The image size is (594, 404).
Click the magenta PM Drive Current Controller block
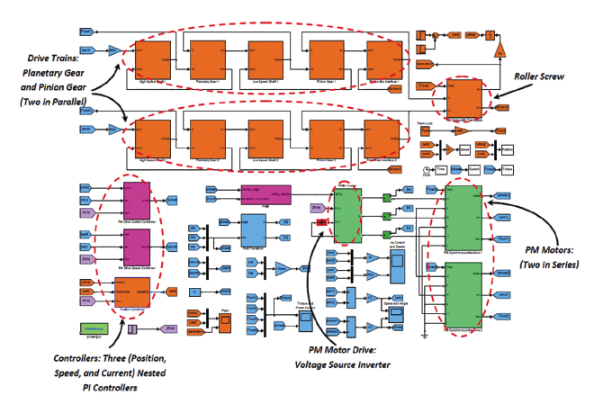tap(138, 196)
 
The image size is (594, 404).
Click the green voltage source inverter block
tap(346, 216)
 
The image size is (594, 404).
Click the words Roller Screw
tap(539, 78)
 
